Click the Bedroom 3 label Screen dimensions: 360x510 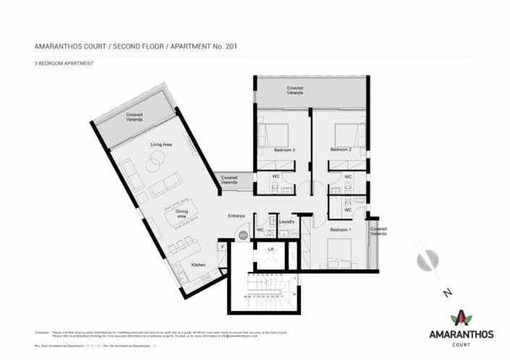pyautogui.click(x=284, y=150)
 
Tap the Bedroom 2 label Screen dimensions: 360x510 pyautogui.click(x=340, y=150)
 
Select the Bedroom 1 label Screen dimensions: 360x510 pyautogui.click(x=340, y=229)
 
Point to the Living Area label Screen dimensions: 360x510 pyautogui.click(x=161, y=145)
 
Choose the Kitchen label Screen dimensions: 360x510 pyautogui.click(x=198, y=265)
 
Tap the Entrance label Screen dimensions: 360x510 pyautogui.click(x=237, y=216)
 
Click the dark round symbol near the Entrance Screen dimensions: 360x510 pyautogui.click(x=243, y=235)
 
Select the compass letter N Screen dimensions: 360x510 pyautogui.click(x=448, y=292)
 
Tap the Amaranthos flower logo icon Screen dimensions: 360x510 pyautogui.click(x=459, y=317)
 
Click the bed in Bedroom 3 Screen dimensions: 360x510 pyautogui.click(x=274, y=134)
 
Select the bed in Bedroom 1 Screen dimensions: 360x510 pyautogui.click(x=339, y=252)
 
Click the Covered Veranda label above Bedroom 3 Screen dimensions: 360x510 pyautogui.click(x=294, y=90)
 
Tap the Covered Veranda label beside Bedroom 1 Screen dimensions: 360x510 pyautogui.click(x=378, y=231)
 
